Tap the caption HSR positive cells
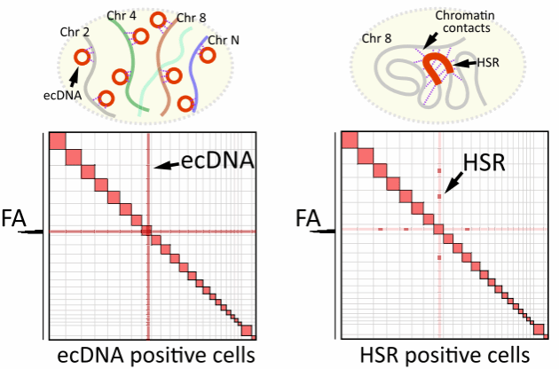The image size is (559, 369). pyautogui.click(x=448, y=356)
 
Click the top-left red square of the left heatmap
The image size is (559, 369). pyautogui.click(x=59, y=142)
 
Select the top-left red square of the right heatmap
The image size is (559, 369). pyautogui.click(x=350, y=142)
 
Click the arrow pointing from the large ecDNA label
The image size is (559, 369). pyautogui.click(x=166, y=165)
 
